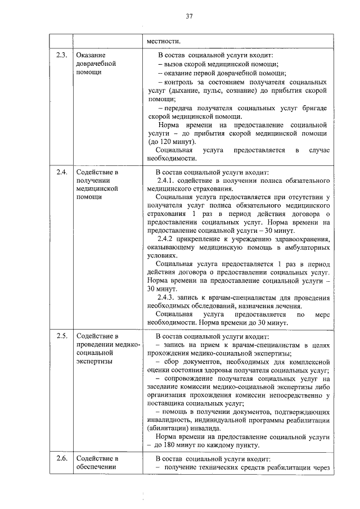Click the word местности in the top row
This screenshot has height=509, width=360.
pyautogui.click(x=164, y=40)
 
